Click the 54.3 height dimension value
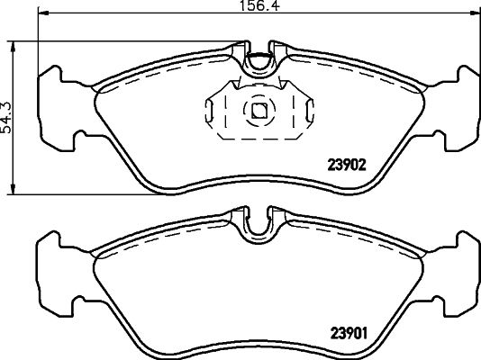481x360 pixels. pyautogui.click(x=8, y=118)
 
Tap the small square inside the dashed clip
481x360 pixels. pyautogui.click(x=259, y=111)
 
